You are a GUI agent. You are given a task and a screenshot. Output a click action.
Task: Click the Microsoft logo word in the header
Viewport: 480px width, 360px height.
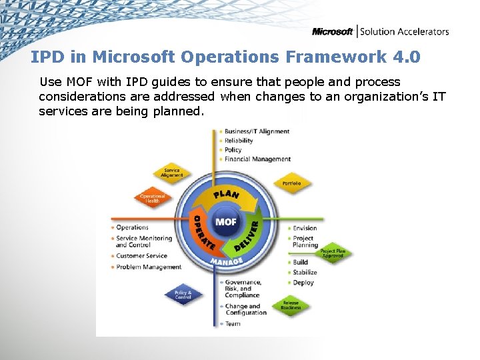pyautogui.click(x=333, y=31)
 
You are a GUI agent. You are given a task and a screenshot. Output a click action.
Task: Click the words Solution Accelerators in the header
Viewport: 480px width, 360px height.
pyautogui.click(x=405, y=31)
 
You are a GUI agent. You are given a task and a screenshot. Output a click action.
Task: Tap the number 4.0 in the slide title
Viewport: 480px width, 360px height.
pyautogui.click(x=407, y=57)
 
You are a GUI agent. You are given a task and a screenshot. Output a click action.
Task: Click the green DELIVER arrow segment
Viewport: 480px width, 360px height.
pyautogui.click(x=247, y=237)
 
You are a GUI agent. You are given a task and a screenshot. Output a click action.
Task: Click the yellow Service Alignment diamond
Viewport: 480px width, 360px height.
pyautogui.click(x=171, y=173)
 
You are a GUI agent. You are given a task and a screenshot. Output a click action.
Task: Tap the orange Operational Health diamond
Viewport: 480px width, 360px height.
pyautogui.click(x=152, y=197)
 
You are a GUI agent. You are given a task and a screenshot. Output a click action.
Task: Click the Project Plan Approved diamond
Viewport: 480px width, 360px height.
pyautogui.click(x=333, y=253)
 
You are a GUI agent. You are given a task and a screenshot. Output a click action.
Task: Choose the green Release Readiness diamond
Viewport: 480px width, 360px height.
pyautogui.click(x=291, y=305)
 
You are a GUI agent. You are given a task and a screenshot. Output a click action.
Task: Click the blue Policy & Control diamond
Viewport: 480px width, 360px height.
pyautogui.click(x=183, y=295)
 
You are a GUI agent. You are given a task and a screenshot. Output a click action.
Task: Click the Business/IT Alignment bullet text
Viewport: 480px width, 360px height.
pyautogui.click(x=257, y=131)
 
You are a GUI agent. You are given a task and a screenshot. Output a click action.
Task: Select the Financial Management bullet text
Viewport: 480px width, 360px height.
pyautogui.click(x=257, y=159)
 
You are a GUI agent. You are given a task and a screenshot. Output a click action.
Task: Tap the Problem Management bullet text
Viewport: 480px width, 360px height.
pyautogui.click(x=149, y=267)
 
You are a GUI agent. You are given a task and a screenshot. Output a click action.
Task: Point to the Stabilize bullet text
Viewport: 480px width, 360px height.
pyautogui.click(x=305, y=273)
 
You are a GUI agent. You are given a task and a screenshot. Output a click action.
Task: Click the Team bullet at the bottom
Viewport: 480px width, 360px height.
pyautogui.click(x=233, y=324)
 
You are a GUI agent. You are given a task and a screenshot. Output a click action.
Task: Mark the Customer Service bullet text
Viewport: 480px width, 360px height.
pyautogui.click(x=141, y=256)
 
